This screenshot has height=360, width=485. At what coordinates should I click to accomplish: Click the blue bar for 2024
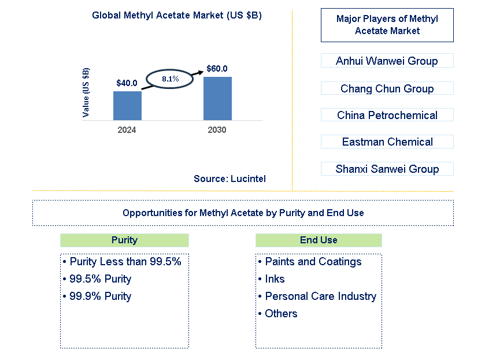pos(127,106)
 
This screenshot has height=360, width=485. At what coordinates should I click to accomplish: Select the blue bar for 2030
pos(217,98)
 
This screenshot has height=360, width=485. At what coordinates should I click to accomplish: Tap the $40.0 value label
pos(127,83)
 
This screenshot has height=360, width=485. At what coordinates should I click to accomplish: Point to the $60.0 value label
pos(217,69)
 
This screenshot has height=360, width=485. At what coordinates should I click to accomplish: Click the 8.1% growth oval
pos(170,79)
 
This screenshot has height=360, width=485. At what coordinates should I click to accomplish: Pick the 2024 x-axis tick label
pos(127,130)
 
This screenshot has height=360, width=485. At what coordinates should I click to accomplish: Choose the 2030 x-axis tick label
pos(217,130)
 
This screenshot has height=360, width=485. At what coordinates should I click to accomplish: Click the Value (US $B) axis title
pos(86,92)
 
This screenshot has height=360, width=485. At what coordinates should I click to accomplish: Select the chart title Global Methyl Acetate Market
pos(177,16)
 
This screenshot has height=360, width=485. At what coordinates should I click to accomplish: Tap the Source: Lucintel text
pos(229,179)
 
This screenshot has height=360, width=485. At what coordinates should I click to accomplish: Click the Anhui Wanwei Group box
pos(387,61)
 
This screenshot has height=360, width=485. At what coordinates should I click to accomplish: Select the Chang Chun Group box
pos(387,88)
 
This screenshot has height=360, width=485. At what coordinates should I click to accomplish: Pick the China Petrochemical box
pos(387,115)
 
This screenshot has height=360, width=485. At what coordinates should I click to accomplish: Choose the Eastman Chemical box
pos(387,142)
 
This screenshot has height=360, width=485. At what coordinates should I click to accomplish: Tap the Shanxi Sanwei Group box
pos(387,169)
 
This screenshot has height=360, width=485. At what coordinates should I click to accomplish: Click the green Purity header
pos(124,240)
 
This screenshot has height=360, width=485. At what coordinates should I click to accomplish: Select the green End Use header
pos(319,240)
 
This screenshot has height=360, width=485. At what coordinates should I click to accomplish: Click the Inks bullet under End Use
pos(275,279)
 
